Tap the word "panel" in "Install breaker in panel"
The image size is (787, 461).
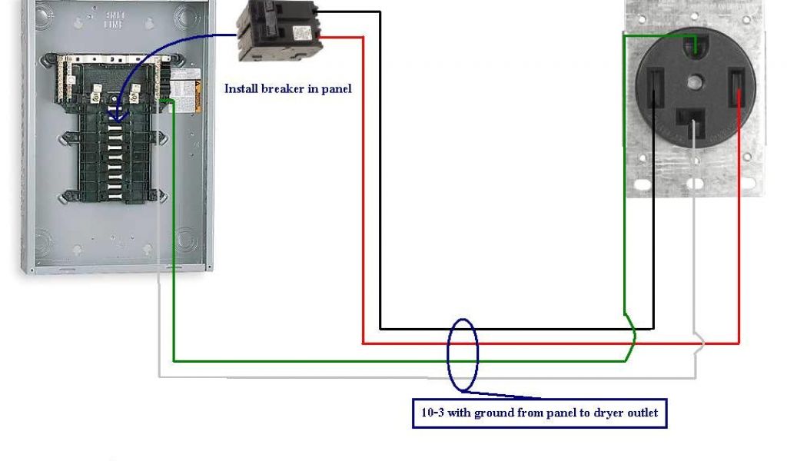click(335, 88)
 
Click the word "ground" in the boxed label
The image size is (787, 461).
click(494, 413)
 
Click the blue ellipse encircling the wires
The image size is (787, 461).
click(463, 355)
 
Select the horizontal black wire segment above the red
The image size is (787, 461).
click(515, 329)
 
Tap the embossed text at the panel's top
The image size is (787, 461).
click(116, 19)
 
